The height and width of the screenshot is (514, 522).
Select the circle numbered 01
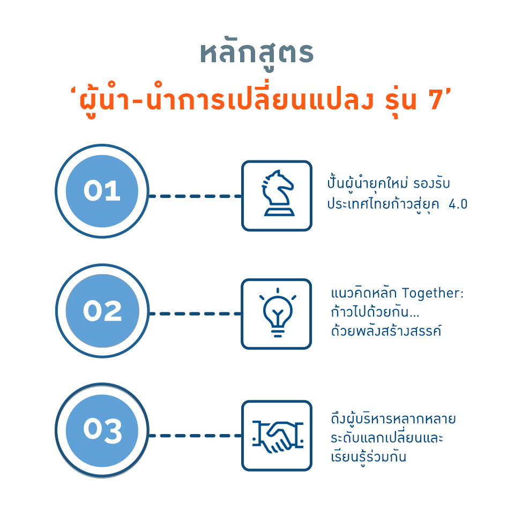102,191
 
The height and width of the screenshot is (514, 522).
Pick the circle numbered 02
102,311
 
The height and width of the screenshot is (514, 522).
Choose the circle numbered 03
102,430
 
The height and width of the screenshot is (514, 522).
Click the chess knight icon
278,193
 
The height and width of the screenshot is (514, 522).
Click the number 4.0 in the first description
458,204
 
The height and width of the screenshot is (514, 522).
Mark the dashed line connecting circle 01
195,196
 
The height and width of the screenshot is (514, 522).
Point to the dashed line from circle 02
195,314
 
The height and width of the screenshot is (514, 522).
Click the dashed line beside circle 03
195,436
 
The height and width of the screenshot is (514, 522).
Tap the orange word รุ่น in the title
401,100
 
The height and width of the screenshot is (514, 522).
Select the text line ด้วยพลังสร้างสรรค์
386,331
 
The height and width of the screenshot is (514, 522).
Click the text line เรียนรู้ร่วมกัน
369,457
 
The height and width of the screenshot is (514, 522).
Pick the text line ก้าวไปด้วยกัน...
375,312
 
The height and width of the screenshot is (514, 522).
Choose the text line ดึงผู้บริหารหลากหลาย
393,418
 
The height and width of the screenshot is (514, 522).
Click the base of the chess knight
279,212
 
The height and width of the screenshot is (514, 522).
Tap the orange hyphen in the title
137,101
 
